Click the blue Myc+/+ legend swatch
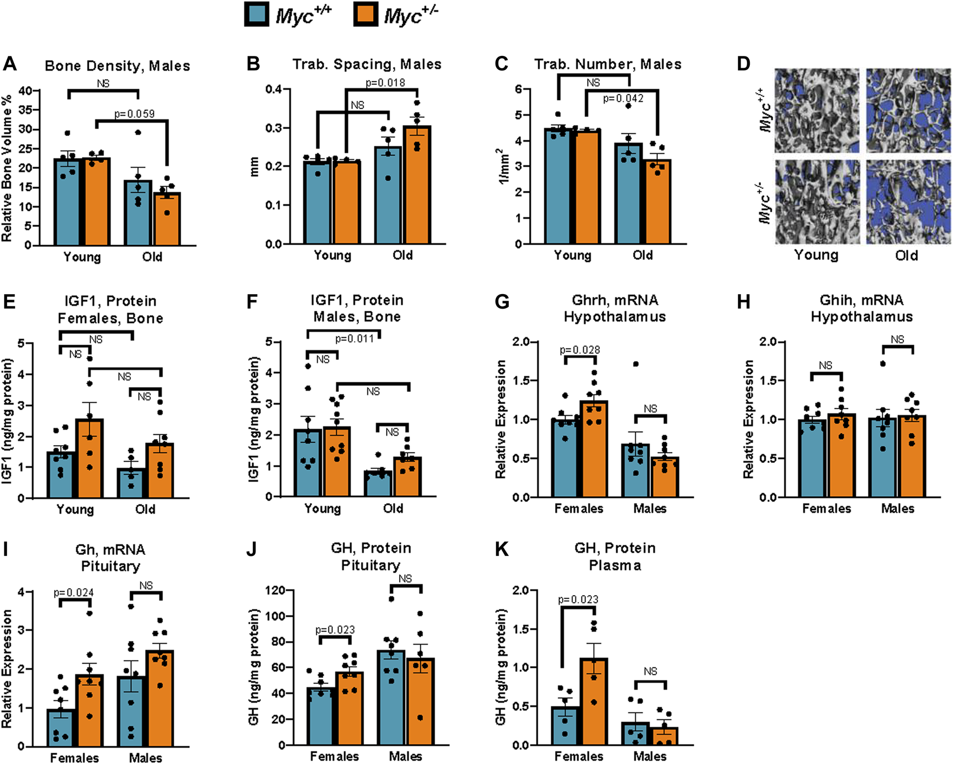click(257, 13)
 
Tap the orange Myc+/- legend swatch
click(366, 13)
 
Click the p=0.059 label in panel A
click(134, 114)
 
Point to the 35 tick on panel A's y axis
click(25, 110)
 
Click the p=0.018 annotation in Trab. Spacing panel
click(385, 82)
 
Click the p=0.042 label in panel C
click(623, 98)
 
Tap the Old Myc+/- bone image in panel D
click(908, 202)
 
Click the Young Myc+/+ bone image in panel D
click(816, 111)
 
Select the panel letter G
click(501, 302)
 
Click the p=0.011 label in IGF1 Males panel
click(354, 339)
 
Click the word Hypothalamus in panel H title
click(862, 317)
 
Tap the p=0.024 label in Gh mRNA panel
click(74, 592)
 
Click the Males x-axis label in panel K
click(650, 756)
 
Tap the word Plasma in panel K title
click(615, 566)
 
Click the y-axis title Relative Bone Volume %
click(7, 168)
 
